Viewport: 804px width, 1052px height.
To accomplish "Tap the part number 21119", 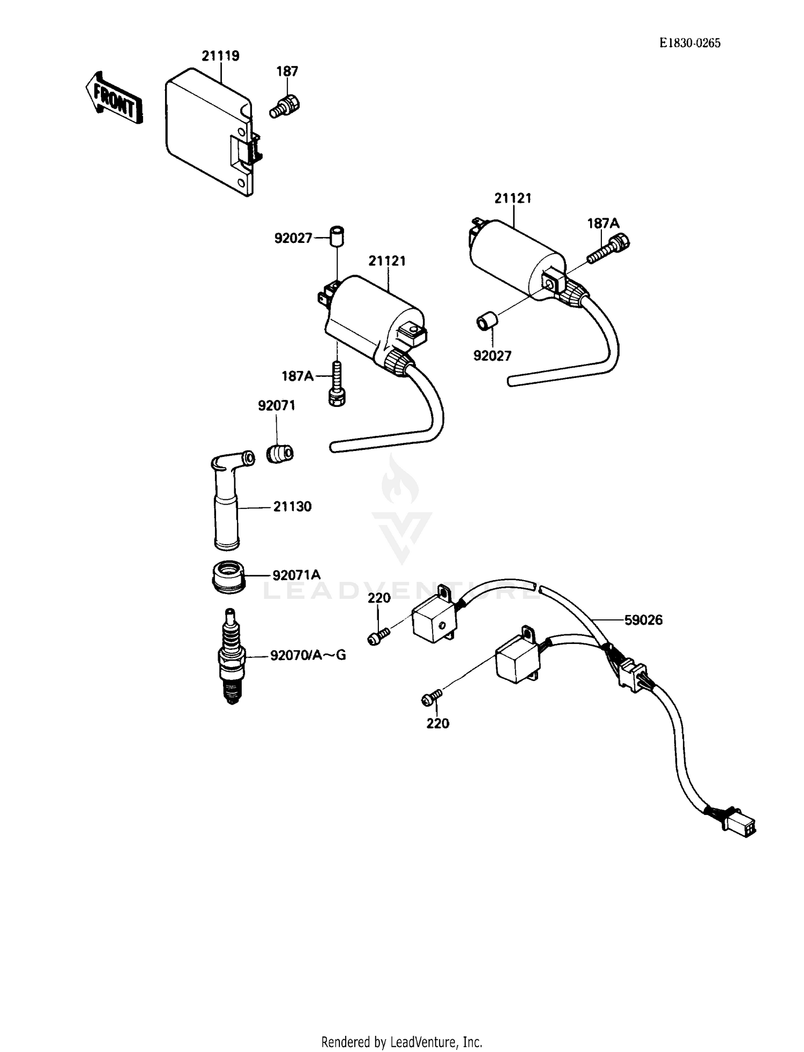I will click(220, 56).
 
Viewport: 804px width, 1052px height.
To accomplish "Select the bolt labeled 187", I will click(285, 106).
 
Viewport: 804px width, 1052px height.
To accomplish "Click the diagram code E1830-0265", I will click(690, 43).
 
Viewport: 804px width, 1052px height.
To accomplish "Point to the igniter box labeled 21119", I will click(209, 131).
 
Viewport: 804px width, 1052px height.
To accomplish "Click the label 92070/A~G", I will click(308, 655).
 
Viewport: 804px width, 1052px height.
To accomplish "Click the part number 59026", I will click(643, 620).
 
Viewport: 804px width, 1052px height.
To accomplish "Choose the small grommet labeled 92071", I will click(280, 454).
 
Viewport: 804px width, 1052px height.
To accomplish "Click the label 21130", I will click(292, 506).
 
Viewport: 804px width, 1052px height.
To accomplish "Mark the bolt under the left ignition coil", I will click(336, 384).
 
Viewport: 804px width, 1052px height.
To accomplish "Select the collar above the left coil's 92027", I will click(337, 236).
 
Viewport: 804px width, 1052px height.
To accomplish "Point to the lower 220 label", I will click(437, 723).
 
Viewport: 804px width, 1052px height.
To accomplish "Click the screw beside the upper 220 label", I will click(377, 637).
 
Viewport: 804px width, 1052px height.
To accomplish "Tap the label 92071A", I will click(296, 575).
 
